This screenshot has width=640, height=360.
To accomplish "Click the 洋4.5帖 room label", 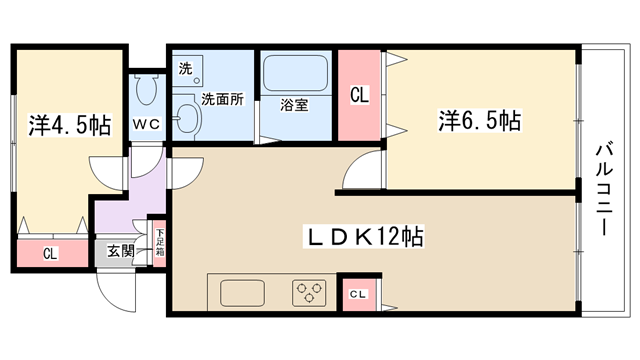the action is coord(70,125).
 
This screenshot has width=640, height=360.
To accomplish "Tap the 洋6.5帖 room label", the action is coord(480,120).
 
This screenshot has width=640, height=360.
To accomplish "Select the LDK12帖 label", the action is coord(364,236).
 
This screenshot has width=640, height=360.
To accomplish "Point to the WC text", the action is coord(147,124).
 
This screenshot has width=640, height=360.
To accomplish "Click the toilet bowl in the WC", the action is coord(146,90).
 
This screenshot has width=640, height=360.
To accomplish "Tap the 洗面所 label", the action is coord(222,99).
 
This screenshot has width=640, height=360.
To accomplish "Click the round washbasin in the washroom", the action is coord(187,118).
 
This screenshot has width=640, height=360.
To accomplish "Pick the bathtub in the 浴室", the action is coord(296,73).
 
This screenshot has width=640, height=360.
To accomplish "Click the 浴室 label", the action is coord(294,105).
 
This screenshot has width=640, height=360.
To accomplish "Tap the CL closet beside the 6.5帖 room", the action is coord(359,95).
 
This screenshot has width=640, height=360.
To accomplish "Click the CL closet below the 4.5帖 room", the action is coord(52,253).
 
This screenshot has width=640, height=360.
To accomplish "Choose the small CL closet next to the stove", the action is coord(359,294).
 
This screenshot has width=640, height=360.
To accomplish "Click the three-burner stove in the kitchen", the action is coord(309,293).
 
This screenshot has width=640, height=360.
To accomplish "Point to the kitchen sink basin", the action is coord(242,293).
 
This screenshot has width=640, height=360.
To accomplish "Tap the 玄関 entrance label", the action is coord(120,251).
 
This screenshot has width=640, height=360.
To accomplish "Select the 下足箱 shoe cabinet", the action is coord(160,243).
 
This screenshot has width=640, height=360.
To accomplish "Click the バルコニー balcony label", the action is coord(604,189).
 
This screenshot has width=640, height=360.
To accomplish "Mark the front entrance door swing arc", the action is coord(113,297).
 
